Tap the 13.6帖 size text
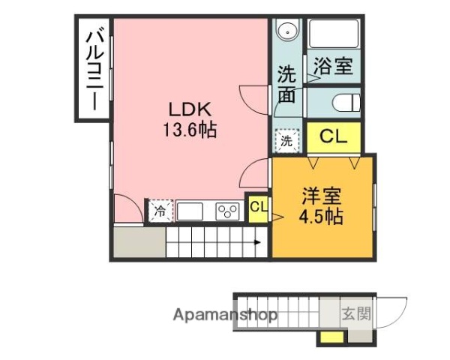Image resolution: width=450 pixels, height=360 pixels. coord(190,130)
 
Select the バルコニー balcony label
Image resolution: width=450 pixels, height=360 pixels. coord(94,69)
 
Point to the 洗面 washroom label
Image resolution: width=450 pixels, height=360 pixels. coord(287,85)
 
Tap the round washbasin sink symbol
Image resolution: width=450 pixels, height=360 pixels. coord(286,32)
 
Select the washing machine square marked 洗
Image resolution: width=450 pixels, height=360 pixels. coord(286,139)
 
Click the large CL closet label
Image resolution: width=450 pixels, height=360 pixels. coord(333,136)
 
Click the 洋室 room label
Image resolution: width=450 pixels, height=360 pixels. coord(322,197)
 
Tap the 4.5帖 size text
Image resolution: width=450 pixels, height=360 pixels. coord(322,217)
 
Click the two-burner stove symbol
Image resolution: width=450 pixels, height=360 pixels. coord(227,211)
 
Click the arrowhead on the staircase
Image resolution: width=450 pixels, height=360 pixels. coord(258,241)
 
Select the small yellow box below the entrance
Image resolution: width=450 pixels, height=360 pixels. coord(328,337)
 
